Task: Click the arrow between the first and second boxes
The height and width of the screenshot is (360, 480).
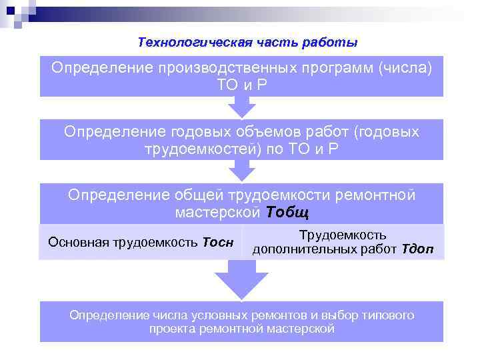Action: click(x=241, y=107)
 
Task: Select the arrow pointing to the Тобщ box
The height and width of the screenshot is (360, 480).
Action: click(x=241, y=171)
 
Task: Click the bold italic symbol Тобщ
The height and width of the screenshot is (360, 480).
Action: click(x=287, y=212)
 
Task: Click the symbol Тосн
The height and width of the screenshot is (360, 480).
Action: click(x=217, y=242)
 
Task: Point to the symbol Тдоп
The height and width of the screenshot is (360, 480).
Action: click(x=417, y=249)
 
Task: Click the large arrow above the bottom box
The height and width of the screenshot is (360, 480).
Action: click(x=241, y=280)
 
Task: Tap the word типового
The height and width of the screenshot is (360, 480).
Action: click(x=391, y=315)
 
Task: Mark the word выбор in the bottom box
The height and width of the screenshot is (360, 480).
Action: click(x=345, y=315)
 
